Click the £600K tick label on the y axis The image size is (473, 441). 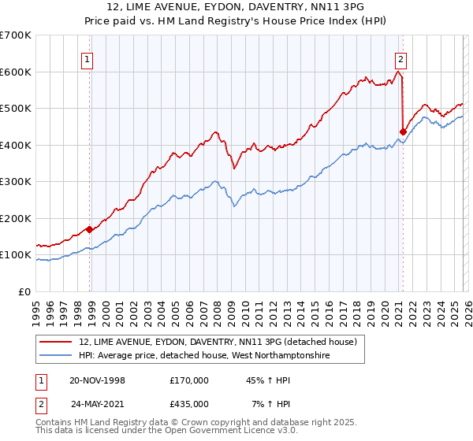tap(16, 72)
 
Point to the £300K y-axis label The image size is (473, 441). tap(16, 182)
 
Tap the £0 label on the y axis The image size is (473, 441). tap(24, 291)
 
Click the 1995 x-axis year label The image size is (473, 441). tap(36, 308)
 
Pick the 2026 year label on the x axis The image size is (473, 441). tap(466, 308)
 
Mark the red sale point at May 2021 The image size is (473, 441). tap(404, 132)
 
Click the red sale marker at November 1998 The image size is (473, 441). tap(90, 229)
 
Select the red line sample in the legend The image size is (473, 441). tap(56, 342)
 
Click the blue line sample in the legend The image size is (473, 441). tap(56, 355)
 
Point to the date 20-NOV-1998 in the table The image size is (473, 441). tap(98, 380)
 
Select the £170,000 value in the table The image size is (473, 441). tap(189, 380)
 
